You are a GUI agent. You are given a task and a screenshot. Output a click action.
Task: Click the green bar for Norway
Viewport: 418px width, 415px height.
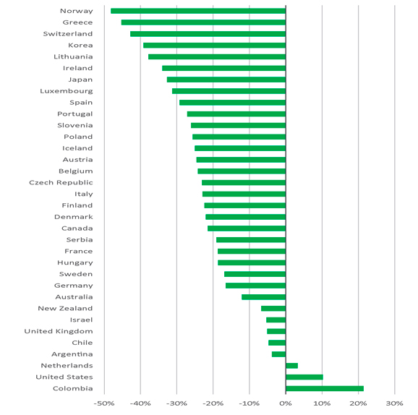[198, 11]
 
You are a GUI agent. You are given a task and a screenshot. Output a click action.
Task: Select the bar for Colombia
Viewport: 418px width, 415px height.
[325, 388]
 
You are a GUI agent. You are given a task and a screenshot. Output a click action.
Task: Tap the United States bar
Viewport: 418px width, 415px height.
[304, 377]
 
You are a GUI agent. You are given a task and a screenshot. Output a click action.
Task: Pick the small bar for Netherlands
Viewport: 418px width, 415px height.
[292, 365]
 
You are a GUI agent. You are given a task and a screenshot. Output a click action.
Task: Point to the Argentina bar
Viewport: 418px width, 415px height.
[279, 354]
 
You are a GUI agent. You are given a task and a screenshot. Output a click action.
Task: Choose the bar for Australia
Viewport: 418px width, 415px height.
[264, 297]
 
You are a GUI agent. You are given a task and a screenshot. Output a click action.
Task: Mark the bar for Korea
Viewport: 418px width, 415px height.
[214, 46]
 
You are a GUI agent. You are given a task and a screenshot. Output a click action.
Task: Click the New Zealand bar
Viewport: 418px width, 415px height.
[273, 309]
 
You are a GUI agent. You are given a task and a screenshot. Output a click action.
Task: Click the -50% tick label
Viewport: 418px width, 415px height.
[104, 403]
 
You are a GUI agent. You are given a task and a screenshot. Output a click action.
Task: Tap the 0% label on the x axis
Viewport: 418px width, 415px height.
[286, 403]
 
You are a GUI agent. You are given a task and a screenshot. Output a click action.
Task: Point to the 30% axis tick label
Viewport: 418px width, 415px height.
[395, 403]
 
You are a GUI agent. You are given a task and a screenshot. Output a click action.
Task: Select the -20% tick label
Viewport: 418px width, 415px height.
[213, 403]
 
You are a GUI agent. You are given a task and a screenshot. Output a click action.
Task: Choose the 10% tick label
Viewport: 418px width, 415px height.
[322, 403]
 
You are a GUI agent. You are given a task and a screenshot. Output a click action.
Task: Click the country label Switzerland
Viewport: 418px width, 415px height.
[68, 34]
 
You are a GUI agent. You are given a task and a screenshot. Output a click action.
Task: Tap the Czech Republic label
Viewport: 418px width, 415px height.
[61, 183]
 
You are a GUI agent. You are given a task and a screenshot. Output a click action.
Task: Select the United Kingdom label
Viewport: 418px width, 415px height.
[59, 331]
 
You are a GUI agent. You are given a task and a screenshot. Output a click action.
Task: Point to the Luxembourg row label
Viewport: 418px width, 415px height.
[67, 91]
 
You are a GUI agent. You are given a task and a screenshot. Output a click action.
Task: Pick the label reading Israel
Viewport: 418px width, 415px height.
[81, 320]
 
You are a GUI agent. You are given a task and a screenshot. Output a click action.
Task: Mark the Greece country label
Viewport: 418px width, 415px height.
[77, 22]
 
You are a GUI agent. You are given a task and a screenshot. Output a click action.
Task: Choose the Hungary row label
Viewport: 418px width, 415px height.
[75, 262]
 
